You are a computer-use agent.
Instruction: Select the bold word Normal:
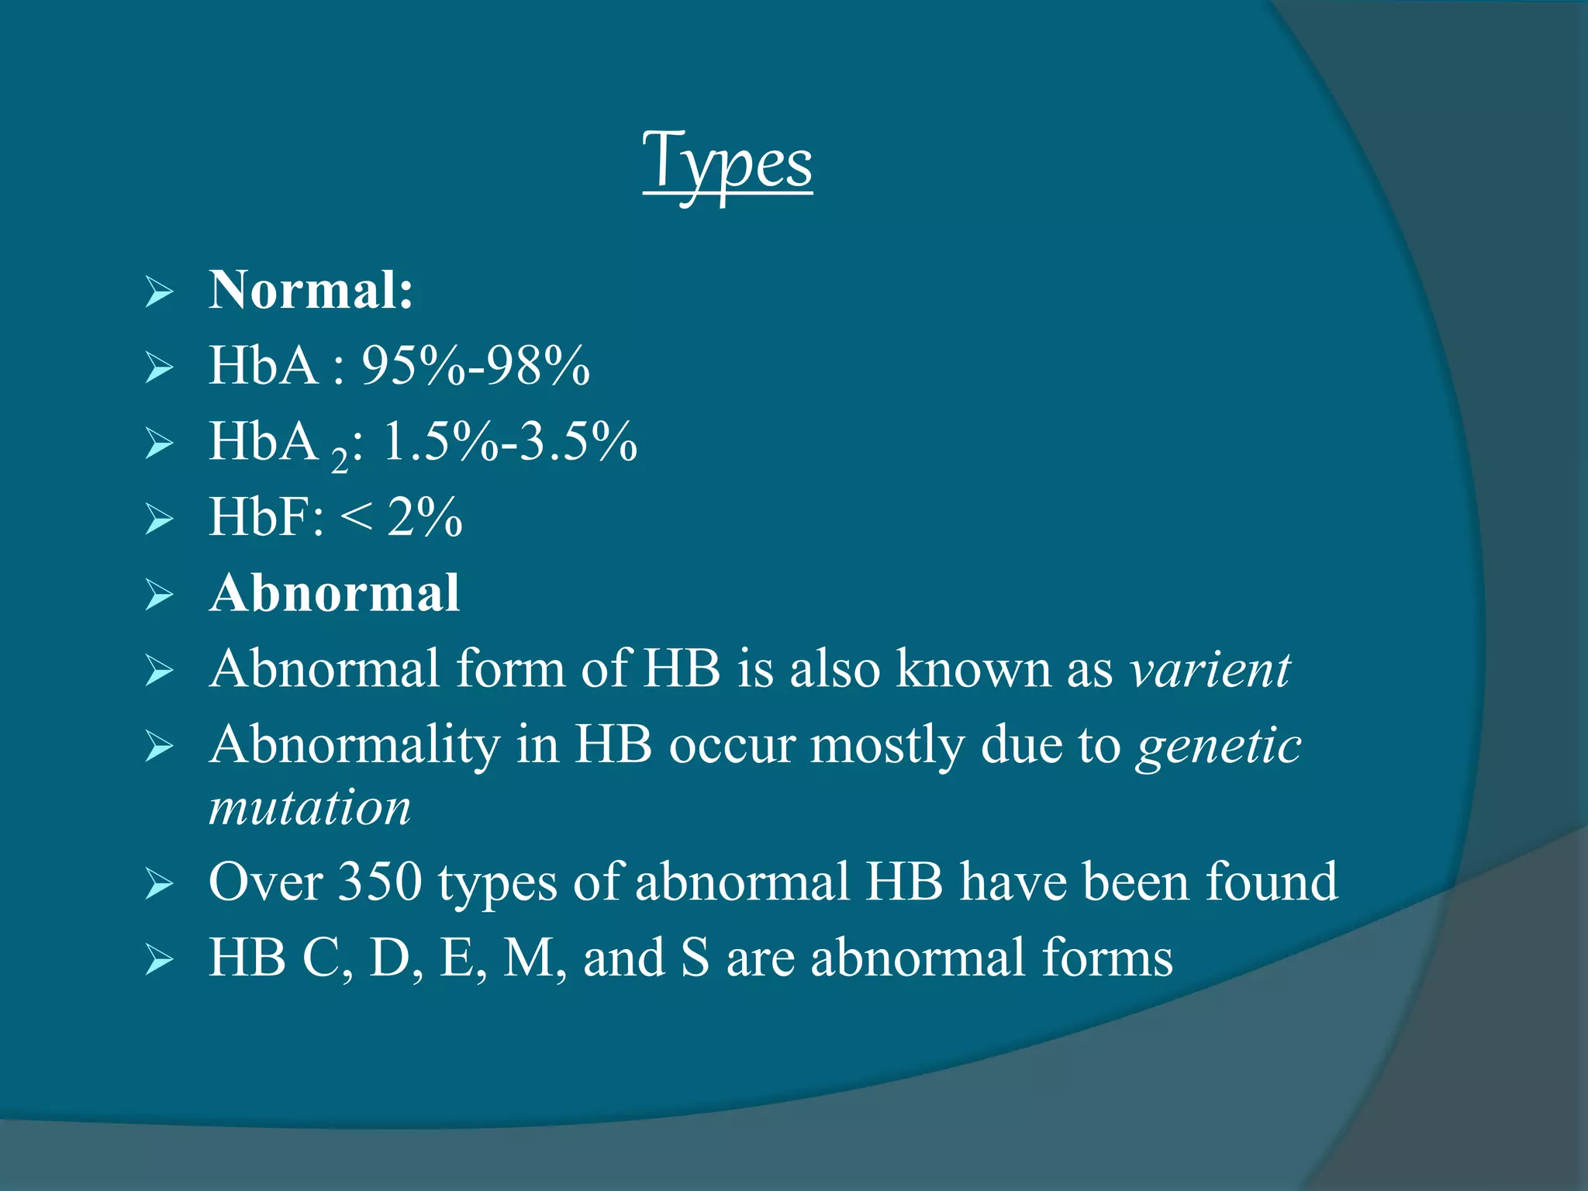(x=311, y=290)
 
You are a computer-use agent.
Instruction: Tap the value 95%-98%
(x=475, y=365)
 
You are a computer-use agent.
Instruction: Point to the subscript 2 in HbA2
(x=339, y=461)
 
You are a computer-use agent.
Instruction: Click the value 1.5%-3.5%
(x=509, y=441)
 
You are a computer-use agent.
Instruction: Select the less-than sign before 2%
(x=356, y=517)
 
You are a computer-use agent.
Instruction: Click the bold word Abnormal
(x=335, y=593)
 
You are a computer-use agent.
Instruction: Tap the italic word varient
(x=1210, y=668)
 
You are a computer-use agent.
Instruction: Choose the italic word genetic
(x=1218, y=745)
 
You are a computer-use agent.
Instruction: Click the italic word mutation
(x=309, y=807)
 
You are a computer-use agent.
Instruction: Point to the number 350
(x=380, y=882)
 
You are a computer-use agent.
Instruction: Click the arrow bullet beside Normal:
(x=159, y=292)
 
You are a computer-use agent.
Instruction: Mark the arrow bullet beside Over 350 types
(x=159, y=884)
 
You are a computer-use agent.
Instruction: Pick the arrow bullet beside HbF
(x=159, y=519)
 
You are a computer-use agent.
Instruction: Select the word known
(x=972, y=668)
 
